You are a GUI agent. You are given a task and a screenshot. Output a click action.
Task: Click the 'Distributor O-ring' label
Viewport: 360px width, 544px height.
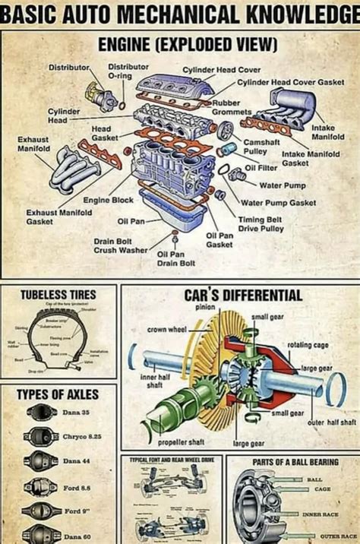pyautogui.click(x=128, y=71)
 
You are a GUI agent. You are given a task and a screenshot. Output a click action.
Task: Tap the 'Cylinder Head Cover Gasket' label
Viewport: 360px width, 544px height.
pyautogui.click(x=290, y=81)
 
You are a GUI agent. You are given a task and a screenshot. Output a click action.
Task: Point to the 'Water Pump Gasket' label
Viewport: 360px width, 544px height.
pyautogui.click(x=278, y=203)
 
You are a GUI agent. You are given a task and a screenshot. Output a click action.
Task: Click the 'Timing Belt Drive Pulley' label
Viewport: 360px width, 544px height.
pyautogui.click(x=262, y=223)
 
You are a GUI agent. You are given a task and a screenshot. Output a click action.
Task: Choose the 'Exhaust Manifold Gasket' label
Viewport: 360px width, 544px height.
pyautogui.click(x=58, y=217)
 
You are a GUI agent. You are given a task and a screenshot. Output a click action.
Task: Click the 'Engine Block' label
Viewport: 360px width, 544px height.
pyautogui.click(x=108, y=200)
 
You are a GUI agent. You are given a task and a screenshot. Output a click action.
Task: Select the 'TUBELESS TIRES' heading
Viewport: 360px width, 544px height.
pyautogui.click(x=58, y=294)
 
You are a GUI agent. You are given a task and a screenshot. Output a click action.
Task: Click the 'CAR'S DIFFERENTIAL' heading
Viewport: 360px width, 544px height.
pyautogui.click(x=232, y=295)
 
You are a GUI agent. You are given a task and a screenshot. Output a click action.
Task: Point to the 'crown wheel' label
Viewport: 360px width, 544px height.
pyautogui.click(x=166, y=330)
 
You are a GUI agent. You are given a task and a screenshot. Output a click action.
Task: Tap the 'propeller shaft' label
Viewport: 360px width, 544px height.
pyautogui.click(x=181, y=441)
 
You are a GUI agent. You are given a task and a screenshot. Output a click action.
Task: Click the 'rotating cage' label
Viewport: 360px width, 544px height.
pyautogui.click(x=307, y=345)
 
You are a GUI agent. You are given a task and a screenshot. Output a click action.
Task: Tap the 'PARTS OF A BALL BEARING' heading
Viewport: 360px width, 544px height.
pyautogui.click(x=295, y=461)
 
